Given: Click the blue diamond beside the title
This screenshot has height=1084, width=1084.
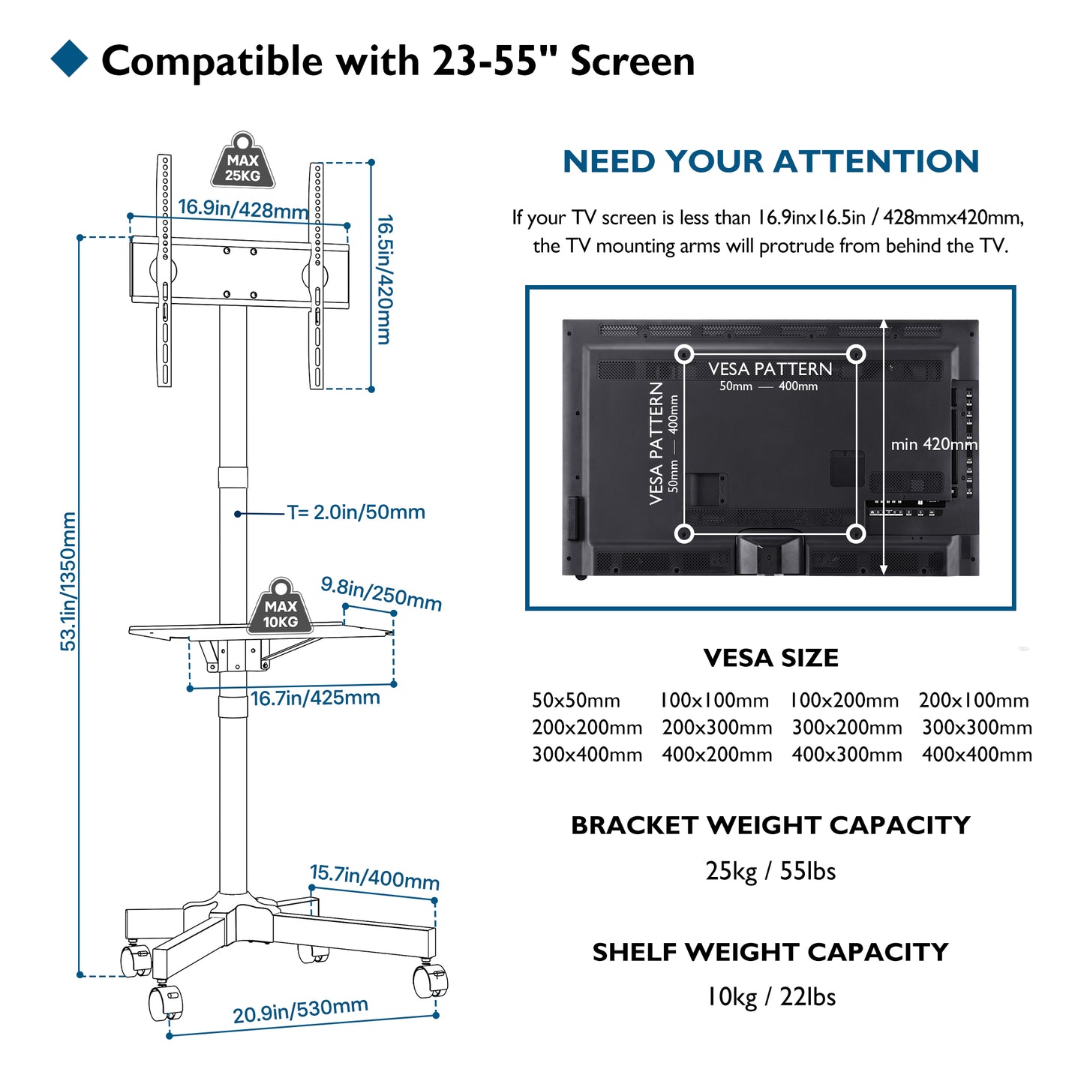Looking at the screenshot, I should (x=70, y=59).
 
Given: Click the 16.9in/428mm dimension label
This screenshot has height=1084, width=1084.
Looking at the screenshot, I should (x=243, y=209).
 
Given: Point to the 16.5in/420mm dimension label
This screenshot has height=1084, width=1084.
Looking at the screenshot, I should (x=385, y=279).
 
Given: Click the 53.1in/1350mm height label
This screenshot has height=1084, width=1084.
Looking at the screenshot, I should (x=68, y=581).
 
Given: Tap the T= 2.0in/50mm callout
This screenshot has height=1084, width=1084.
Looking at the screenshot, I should (x=356, y=512).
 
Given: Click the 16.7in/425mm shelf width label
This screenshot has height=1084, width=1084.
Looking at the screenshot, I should (x=315, y=698).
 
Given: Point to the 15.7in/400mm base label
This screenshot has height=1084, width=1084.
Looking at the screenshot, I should (x=374, y=876).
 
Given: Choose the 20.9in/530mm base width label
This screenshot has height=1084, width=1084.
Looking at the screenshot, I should (x=300, y=1010).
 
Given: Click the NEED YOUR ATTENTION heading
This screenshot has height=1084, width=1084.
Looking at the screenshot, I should (x=770, y=161).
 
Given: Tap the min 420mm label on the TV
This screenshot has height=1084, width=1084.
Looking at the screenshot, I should (x=934, y=444).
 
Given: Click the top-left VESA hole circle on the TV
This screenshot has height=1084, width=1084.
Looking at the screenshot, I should (x=684, y=354).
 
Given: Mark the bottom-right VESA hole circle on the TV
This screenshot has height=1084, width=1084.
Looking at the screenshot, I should (x=856, y=533).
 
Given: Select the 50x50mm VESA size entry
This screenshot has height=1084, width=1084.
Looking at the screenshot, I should (x=576, y=701).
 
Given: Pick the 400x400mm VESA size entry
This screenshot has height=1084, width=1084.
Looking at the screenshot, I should (x=977, y=755).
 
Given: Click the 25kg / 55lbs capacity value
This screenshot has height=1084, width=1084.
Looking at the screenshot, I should (x=770, y=871).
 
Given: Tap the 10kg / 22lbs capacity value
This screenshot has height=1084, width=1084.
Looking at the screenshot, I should (x=770, y=997).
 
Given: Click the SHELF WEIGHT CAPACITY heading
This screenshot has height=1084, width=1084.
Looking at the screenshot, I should (x=770, y=952).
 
